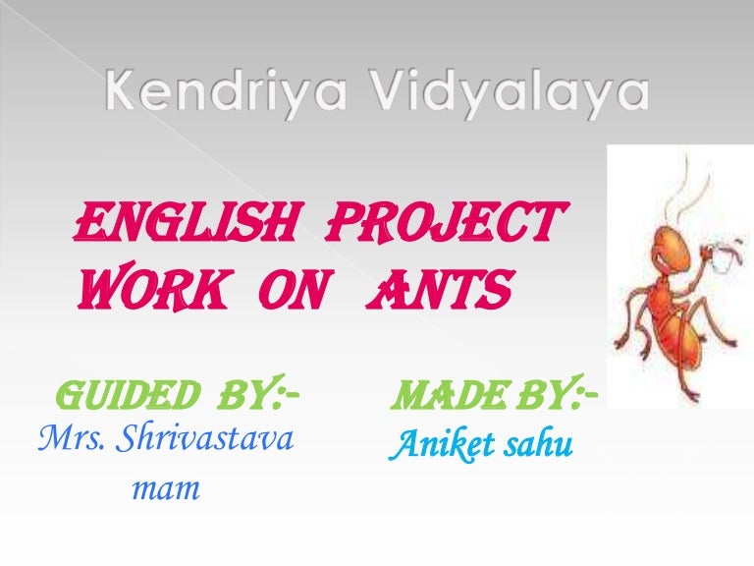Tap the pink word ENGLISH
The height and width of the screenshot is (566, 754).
point(185,221)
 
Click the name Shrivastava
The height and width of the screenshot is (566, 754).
point(204,438)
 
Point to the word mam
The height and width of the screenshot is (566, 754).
point(166,489)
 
